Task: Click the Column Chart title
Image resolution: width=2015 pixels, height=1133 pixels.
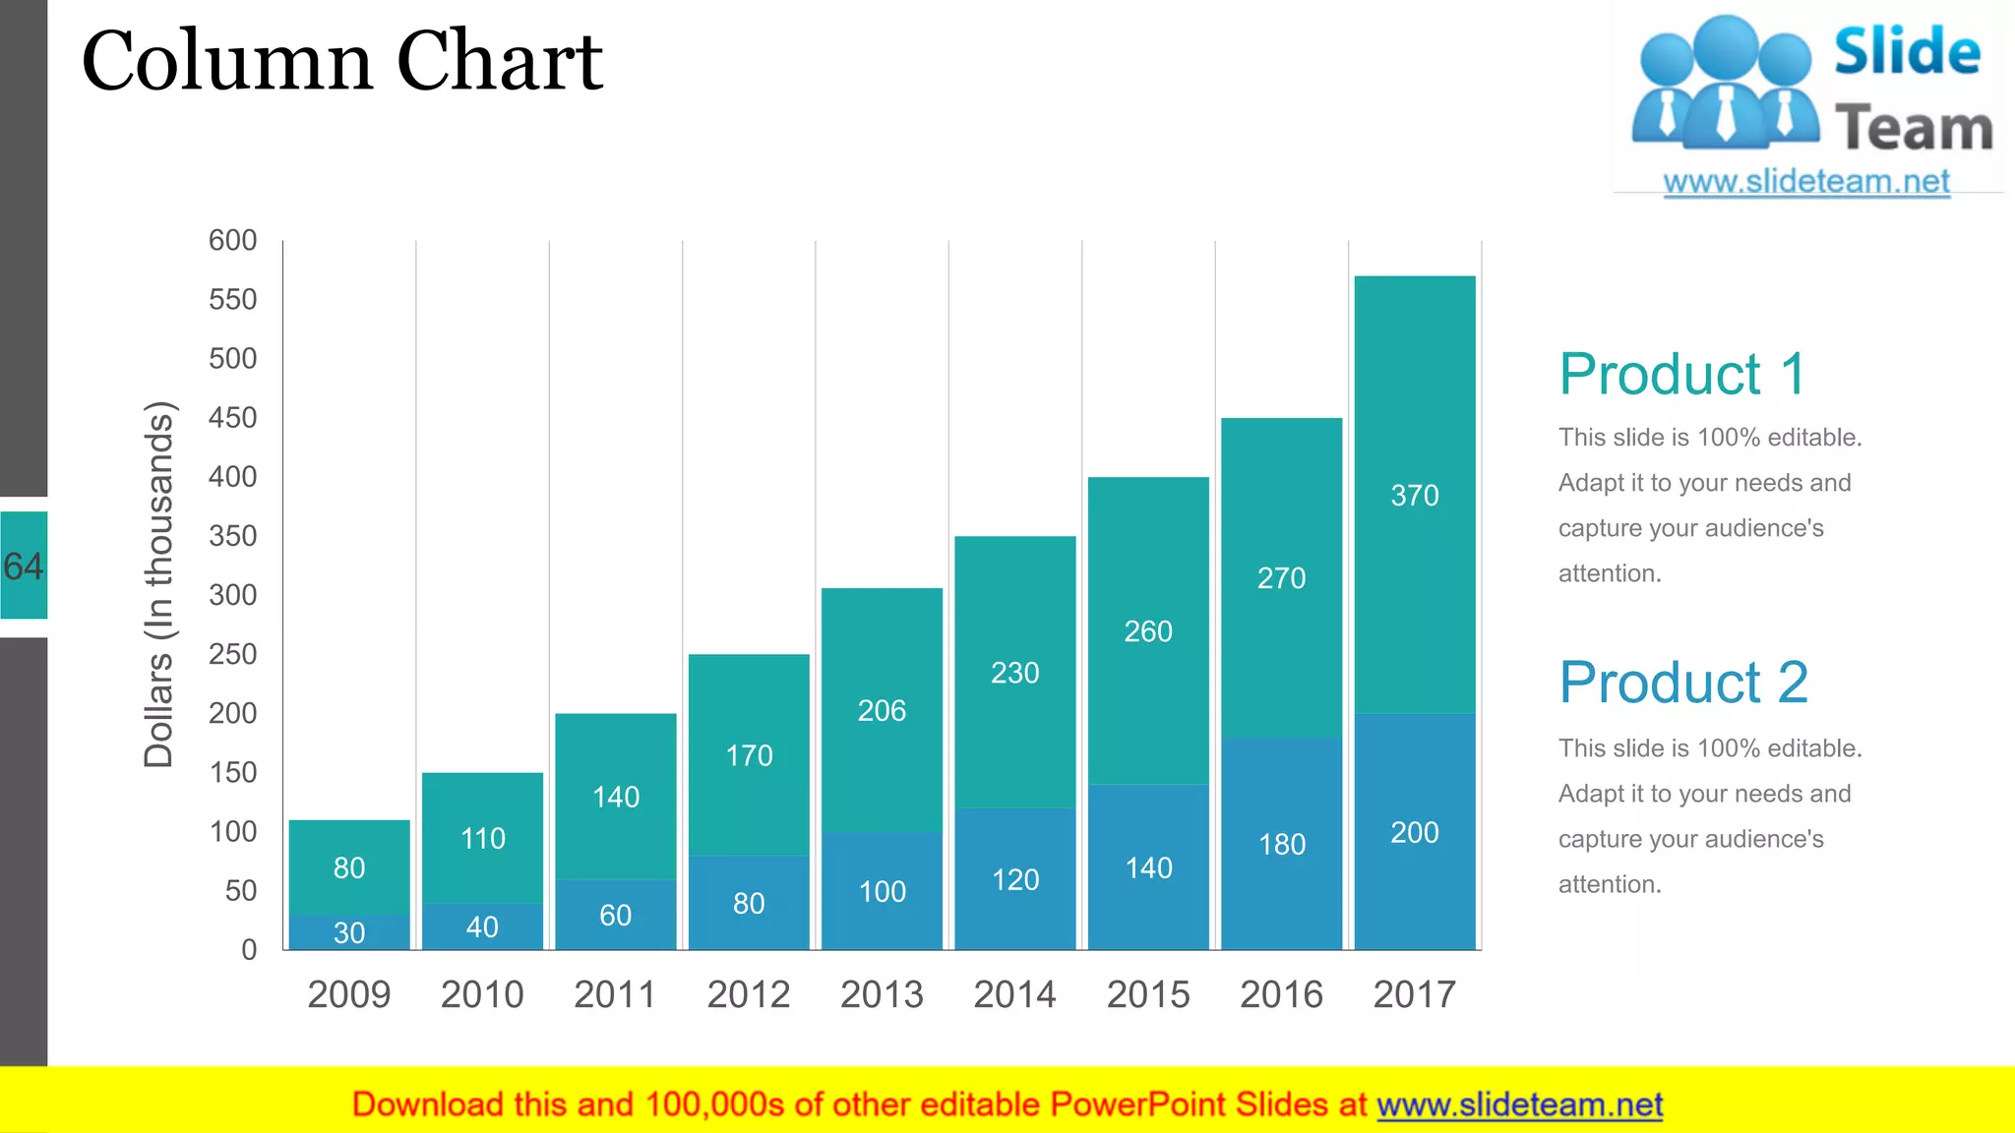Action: pos(341,61)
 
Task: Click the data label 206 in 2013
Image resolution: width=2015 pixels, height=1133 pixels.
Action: pos(882,711)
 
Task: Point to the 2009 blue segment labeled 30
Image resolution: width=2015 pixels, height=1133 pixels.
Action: pos(349,932)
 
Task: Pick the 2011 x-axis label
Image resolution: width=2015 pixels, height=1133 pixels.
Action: pos(615,994)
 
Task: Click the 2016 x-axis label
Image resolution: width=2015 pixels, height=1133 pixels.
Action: pos(1281,994)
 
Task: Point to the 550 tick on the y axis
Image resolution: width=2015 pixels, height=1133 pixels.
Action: pos(232,300)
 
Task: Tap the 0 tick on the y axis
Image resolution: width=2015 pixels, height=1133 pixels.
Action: pos(249,950)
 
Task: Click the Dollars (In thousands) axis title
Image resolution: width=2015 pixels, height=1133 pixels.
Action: pos(159,584)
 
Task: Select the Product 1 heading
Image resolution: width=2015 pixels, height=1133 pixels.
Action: pos(1682,375)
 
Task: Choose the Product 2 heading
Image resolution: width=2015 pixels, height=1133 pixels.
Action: pos(1683,683)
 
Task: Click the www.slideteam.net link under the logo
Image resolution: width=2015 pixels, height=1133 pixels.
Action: pos(1806,182)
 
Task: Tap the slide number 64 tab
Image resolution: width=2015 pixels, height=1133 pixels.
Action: pos(24,566)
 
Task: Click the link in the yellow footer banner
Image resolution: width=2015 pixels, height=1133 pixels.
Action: pos(1519,1105)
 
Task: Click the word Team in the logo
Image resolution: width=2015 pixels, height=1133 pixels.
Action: pos(1913,129)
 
